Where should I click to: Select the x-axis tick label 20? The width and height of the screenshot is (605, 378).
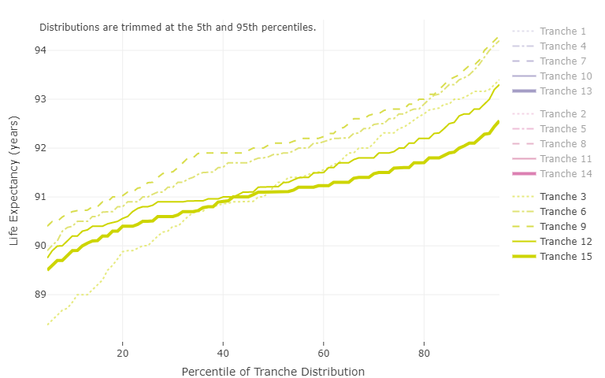point(123,353)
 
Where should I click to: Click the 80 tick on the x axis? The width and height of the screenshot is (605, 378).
point(424,353)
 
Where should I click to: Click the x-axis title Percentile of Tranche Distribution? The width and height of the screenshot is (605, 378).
point(273,372)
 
